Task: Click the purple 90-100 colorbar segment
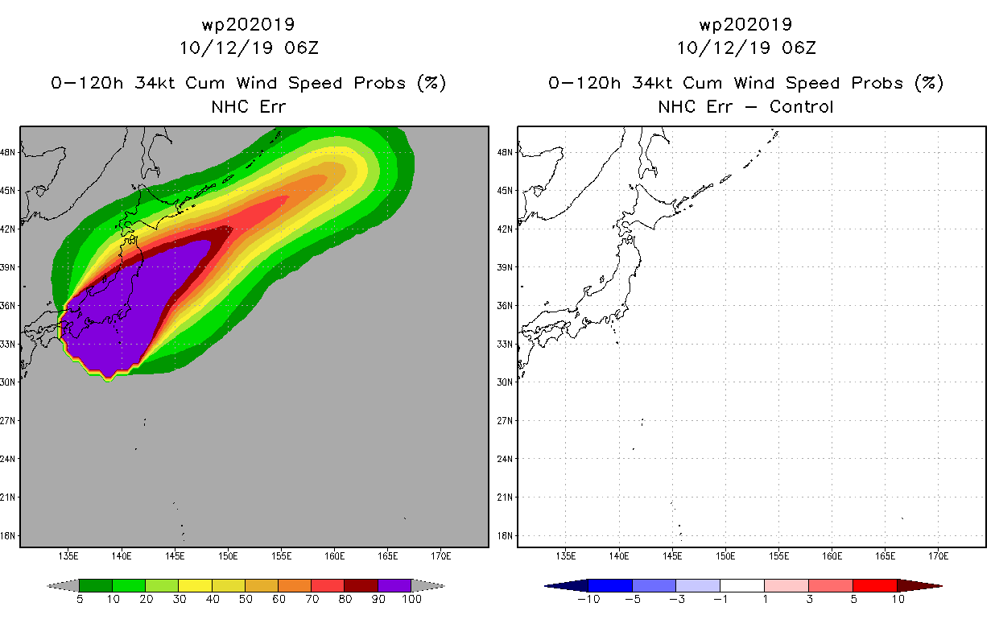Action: click(394, 585)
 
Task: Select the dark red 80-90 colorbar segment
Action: click(361, 585)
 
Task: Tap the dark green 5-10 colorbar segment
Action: click(96, 585)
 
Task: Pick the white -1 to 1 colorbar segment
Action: click(742, 585)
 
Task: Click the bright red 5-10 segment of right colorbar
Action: click(875, 585)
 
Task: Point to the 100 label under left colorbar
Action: click(411, 599)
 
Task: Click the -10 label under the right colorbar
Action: click(588, 599)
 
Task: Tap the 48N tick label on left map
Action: click(7, 152)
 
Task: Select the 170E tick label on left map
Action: click(440, 556)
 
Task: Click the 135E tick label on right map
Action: click(565, 556)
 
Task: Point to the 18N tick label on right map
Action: click(505, 535)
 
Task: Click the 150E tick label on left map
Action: click(228, 556)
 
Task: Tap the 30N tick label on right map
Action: click(505, 382)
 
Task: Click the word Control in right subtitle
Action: click(801, 106)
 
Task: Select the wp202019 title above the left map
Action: click(248, 24)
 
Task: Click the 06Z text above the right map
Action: click(799, 47)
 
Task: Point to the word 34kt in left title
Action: click(155, 83)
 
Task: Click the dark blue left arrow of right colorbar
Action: click(567, 585)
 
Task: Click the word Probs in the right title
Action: click(877, 83)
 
